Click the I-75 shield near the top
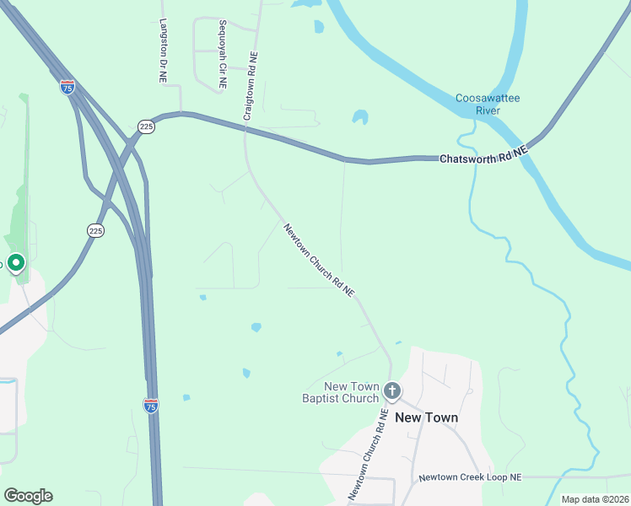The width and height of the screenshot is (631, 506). (67, 87)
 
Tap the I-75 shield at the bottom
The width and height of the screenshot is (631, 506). (151, 406)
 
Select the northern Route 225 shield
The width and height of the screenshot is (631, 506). (146, 126)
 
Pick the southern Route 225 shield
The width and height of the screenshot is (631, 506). (95, 229)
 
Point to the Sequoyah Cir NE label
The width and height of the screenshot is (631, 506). (222, 55)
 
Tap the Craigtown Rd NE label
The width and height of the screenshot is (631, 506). (251, 84)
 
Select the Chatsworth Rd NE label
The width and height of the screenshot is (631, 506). (483, 154)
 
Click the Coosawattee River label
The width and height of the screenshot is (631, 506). (488, 104)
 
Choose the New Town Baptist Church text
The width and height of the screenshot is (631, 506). (340, 392)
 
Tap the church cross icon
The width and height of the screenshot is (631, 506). (392, 390)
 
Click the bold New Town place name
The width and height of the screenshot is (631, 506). (427, 417)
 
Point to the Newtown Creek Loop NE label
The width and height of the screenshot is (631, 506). (471, 477)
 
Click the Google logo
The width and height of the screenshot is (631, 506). (28, 496)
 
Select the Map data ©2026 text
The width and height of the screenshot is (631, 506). (595, 499)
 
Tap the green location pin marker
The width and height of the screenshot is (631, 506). (15, 263)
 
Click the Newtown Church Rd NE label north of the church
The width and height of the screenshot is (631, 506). (319, 259)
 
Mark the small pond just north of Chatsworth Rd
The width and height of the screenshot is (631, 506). (360, 116)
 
